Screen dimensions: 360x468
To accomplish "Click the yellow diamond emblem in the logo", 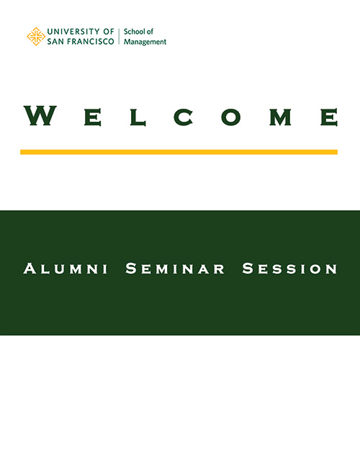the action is tap(36, 37).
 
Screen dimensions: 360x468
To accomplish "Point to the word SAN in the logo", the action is tap(55, 42).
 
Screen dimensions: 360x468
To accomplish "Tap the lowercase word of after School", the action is tap(150, 32).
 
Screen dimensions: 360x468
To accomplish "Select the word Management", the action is tap(145, 42).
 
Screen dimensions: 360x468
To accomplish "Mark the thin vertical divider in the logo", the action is tap(119, 37).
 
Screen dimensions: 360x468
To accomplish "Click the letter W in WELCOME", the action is tap(40, 115).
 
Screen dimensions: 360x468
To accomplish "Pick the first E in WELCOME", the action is tap(93, 117).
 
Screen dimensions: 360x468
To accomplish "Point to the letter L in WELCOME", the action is tap(138, 117).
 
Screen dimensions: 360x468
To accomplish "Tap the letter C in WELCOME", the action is tap(184, 117).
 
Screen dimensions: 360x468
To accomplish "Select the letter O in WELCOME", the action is tap(230, 117).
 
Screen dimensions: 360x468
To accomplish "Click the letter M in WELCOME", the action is tap(280, 117).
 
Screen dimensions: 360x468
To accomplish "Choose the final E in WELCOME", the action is tap(329, 117).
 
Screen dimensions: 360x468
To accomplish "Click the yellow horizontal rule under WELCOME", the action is tap(179, 152).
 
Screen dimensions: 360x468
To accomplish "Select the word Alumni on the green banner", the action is tap(66, 269).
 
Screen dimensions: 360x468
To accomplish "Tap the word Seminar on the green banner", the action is tap(175, 269).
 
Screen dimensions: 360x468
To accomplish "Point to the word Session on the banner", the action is tap(289, 269).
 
